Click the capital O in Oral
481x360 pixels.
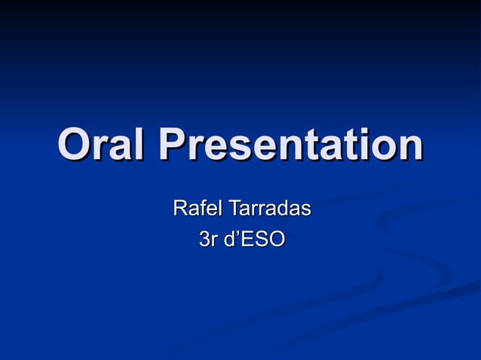click(x=73, y=146)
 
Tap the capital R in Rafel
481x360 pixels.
click(x=180, y=207)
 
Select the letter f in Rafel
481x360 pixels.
click(x=200, y=207)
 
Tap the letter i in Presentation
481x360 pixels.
click(x=362, y=146)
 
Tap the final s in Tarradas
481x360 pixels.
click(x=305, y=209)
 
